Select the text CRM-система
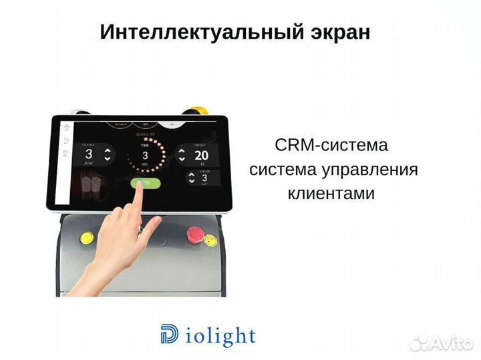click(x=331, y=146)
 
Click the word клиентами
click(x=331, y=193)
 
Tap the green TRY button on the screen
click(x=144, y=183)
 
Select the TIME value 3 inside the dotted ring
click(x=144, y=155)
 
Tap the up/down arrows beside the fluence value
click(x=107, y=156)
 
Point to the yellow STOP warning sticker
click(x=86, y=236)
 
